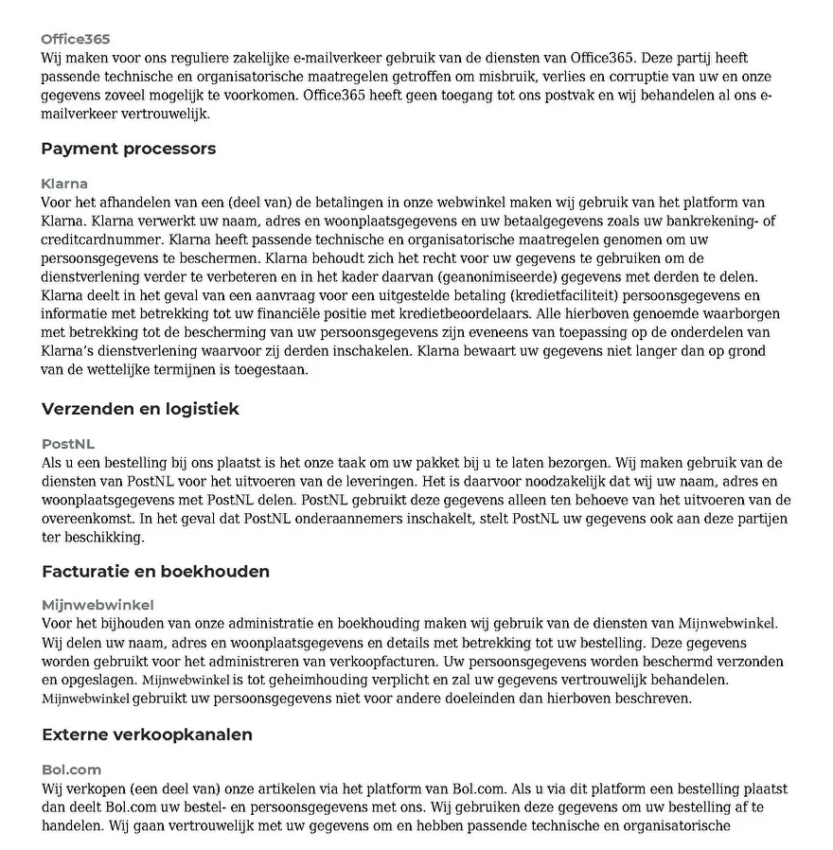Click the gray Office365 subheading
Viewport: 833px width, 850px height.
[76, 39]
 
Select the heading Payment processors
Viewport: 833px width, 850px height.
[129, 149]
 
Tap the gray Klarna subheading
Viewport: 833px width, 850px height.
[64, 184]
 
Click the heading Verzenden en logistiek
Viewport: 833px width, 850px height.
[140, 409]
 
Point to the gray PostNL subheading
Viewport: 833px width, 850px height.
[68, 444]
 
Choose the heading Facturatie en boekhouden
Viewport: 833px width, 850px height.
[155, 571]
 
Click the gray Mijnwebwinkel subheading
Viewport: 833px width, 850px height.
[97, 605]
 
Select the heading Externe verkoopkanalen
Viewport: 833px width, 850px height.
[147, 735]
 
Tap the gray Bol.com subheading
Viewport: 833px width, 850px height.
[71, 770]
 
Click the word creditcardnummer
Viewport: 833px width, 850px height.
[101, 239]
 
